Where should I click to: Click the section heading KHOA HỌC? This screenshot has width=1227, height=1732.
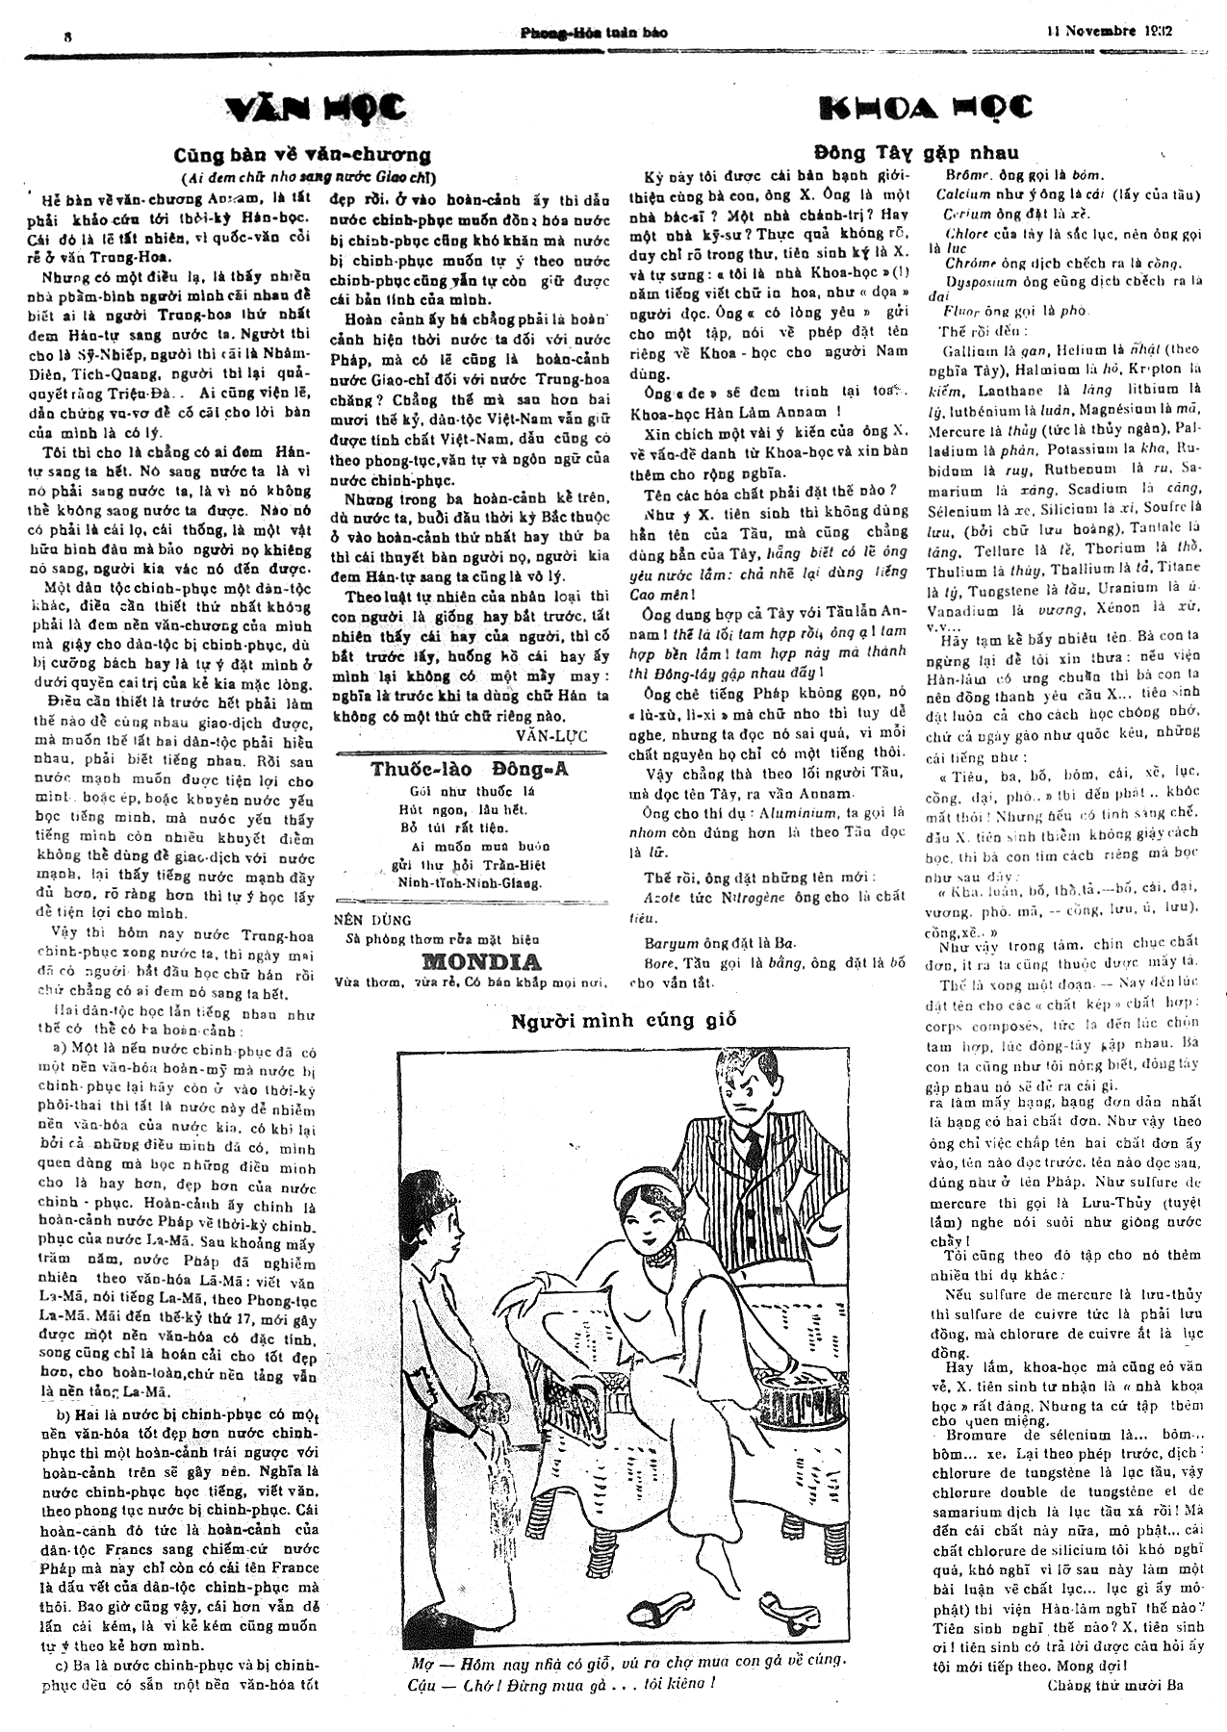coord(925,107)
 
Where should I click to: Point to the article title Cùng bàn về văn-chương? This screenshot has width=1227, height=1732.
coord(302,155)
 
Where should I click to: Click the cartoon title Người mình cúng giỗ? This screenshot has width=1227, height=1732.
coord(624,1021)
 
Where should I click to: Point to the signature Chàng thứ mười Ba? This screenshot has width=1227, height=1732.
coord(1114,1685)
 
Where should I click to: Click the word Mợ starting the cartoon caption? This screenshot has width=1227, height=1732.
coord(419,1660)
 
